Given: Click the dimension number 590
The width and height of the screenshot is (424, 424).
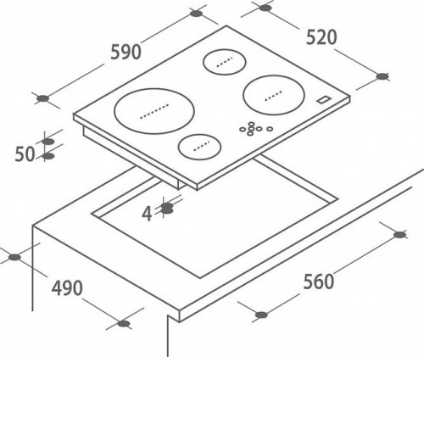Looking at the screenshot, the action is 126,52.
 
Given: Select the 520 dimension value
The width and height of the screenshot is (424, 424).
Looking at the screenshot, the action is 321,37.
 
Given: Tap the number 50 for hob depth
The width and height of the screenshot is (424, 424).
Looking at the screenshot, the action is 25,154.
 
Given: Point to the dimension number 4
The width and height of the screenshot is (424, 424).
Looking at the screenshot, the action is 147,214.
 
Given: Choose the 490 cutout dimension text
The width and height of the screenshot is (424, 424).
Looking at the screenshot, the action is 67,288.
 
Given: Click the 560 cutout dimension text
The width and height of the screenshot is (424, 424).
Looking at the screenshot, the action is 319,282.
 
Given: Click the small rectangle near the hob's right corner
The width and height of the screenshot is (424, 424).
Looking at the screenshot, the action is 324,100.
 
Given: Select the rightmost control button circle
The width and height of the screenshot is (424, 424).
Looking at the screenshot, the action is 270,129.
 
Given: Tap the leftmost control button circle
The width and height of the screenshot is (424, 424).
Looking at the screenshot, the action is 243,129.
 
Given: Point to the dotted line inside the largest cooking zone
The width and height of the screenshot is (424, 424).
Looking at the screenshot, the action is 154,111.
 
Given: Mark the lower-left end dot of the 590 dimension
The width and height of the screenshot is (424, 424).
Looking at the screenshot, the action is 43,98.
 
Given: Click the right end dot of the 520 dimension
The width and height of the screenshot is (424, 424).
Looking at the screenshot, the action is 382,76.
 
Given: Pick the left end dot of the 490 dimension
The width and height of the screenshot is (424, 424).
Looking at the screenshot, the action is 14,257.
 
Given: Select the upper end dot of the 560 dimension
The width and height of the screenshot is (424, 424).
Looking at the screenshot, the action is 399,235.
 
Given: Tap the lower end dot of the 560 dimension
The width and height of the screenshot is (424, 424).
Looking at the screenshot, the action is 261,315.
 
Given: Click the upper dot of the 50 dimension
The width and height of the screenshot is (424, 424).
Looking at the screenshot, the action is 48,142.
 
